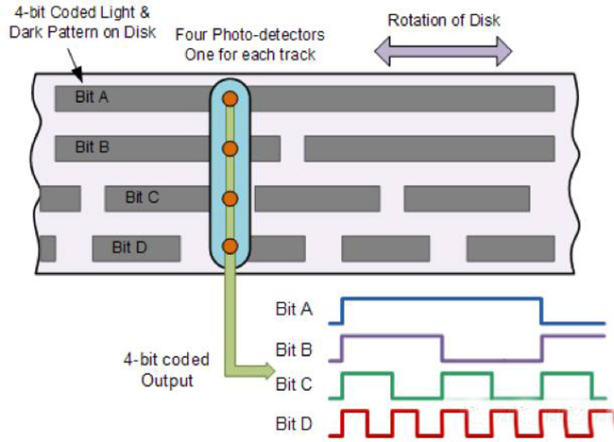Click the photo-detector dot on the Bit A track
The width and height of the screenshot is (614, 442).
pyautogui.click(x=230, y=98)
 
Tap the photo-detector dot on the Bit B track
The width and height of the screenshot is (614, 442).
pyautogui.click(x=230, y=148)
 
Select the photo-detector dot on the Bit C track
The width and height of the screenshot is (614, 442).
pyautogui.click(x=230, y=197)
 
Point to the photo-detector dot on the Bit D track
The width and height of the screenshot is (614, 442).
pyautogui.click(x=230, y=246)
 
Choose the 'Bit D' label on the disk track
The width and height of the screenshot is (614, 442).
pyautogui.click(x=128, y=247)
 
